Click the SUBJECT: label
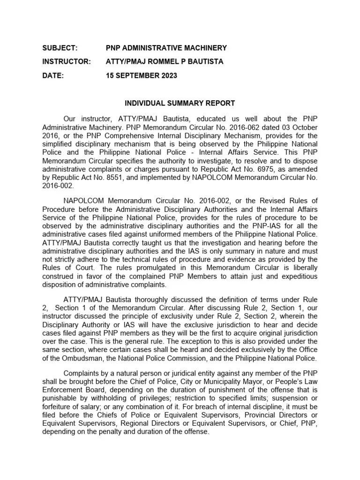pos(60,48)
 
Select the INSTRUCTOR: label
pos(66,62)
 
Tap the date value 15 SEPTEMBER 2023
pos(142,76)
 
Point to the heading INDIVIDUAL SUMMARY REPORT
pos(180,103)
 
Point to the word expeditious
pos(296,276)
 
